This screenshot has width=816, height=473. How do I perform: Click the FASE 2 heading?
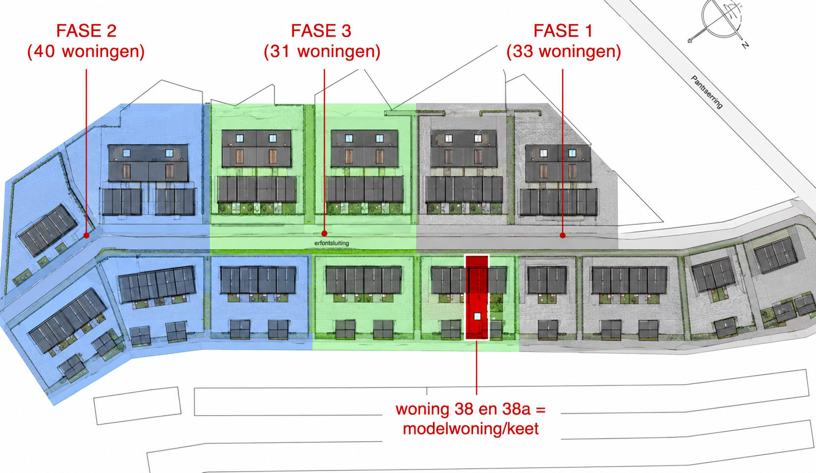click(86, 31)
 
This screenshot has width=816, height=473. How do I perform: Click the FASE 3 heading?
click(321, 31)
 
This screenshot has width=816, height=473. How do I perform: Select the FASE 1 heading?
click(563, 31)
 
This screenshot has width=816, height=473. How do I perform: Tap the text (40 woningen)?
click(86, 52)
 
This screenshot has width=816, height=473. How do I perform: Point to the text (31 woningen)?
click(322, 52)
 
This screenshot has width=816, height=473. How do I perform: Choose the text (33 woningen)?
click(563, 52)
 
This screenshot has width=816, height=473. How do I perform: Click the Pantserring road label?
click(707, 92)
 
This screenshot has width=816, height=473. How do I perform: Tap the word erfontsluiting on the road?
click(331, 243)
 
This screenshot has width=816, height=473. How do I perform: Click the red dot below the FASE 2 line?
click(86, 236)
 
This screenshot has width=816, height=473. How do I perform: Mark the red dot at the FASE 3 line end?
click(324, 233)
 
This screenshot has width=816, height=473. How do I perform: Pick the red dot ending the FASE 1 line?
click(562, 236)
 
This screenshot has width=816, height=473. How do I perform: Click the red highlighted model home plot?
click(477, 298)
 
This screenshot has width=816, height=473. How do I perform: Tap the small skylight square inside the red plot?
click(477, 316)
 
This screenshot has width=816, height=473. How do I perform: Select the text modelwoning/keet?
click(471, 428)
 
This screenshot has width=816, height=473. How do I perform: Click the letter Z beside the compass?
click(745, 45)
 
